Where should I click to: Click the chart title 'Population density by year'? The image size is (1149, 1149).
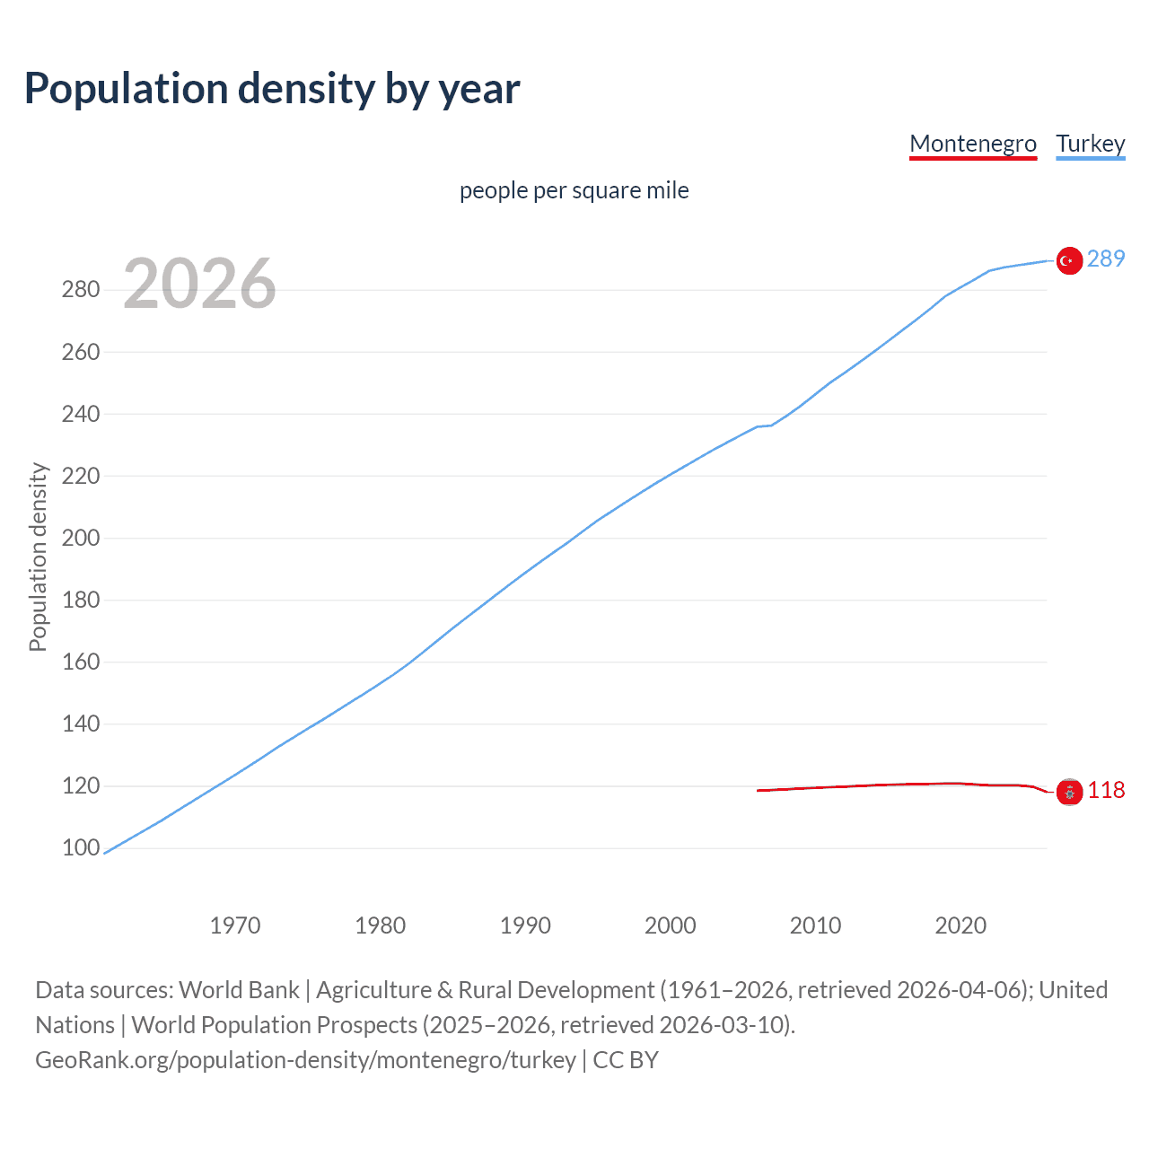(272, 89)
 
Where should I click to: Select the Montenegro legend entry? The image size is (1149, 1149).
(973, 144)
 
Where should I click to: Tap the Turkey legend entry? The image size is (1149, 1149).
(1090, 144)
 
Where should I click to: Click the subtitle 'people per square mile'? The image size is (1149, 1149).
(574, 190)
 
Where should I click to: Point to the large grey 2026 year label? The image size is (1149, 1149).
(199, 284)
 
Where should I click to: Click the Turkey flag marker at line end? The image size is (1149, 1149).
(1068, 260)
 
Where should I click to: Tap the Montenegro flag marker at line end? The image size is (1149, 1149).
(1068, 792)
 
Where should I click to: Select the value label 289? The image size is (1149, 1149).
(1105, 259)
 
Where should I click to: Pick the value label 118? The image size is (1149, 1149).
(1105, 790)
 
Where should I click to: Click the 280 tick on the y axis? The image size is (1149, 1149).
(81, 290)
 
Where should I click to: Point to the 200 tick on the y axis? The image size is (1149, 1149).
(81, 539)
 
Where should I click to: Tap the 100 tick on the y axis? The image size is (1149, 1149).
(81, 848)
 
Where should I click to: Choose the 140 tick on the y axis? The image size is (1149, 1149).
(81, 724)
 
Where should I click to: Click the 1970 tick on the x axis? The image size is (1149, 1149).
(235, 925)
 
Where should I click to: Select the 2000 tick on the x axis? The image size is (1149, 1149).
(670, 925)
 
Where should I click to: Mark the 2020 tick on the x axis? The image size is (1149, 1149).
(960, 925)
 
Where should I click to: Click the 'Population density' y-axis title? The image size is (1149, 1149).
(38, 557)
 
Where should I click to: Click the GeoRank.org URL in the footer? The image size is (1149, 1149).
(305, 1060)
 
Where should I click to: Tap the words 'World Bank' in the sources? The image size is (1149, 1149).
(239, 990)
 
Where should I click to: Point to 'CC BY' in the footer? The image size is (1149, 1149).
(626, 1060)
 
